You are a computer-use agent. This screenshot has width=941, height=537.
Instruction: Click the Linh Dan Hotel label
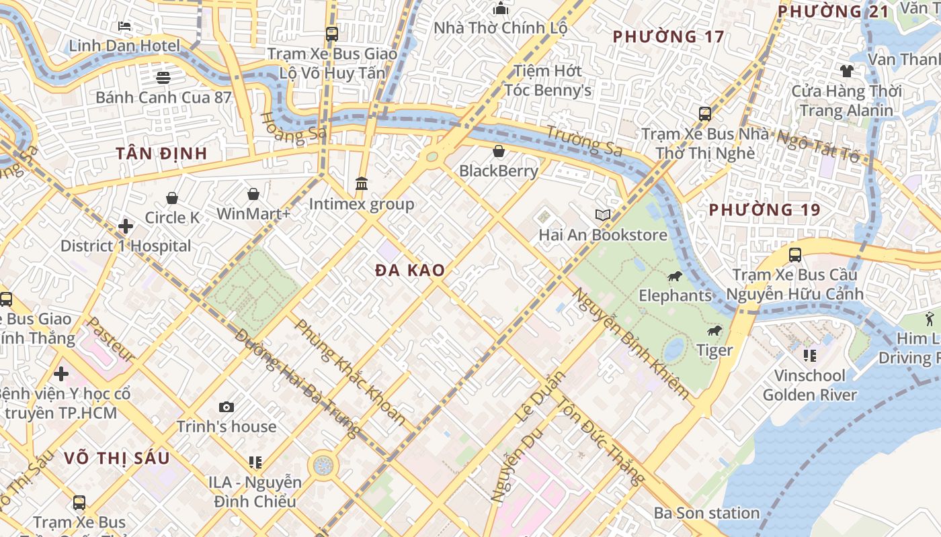coord(125,46)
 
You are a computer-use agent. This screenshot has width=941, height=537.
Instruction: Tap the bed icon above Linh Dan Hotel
coord(124,26)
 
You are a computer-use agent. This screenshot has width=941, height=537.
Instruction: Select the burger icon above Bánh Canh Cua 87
coord(163,77)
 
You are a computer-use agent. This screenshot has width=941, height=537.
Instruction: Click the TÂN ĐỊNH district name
coord(161,154)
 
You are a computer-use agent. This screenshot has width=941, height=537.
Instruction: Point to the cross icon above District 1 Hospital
coord(125,226)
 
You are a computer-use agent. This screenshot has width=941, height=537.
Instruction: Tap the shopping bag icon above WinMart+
coord(253,195)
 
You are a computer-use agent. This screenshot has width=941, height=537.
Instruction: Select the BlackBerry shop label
coord(499,170)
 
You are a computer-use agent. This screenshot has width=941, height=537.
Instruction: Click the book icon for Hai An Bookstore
coord(603,215)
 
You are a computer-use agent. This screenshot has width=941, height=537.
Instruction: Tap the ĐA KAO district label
coord(410,271)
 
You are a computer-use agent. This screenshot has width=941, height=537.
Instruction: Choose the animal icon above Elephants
coord(675,277)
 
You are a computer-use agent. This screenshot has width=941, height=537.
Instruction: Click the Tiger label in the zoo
coord(714,350)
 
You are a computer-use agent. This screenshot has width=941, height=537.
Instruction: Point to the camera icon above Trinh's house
coord(227,407)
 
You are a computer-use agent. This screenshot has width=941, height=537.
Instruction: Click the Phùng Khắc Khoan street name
coord(350,372)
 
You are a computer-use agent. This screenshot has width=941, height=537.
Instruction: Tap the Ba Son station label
coord(706,514)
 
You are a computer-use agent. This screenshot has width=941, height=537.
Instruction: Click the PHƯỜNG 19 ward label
coord(765,210)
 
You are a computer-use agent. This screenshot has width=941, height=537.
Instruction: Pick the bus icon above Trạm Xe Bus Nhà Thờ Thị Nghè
coord(704,114)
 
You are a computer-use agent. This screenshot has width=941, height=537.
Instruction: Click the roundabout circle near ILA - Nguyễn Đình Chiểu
coord(323,465)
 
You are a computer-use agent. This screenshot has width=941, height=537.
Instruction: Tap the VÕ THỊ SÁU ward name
coord(117,458)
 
